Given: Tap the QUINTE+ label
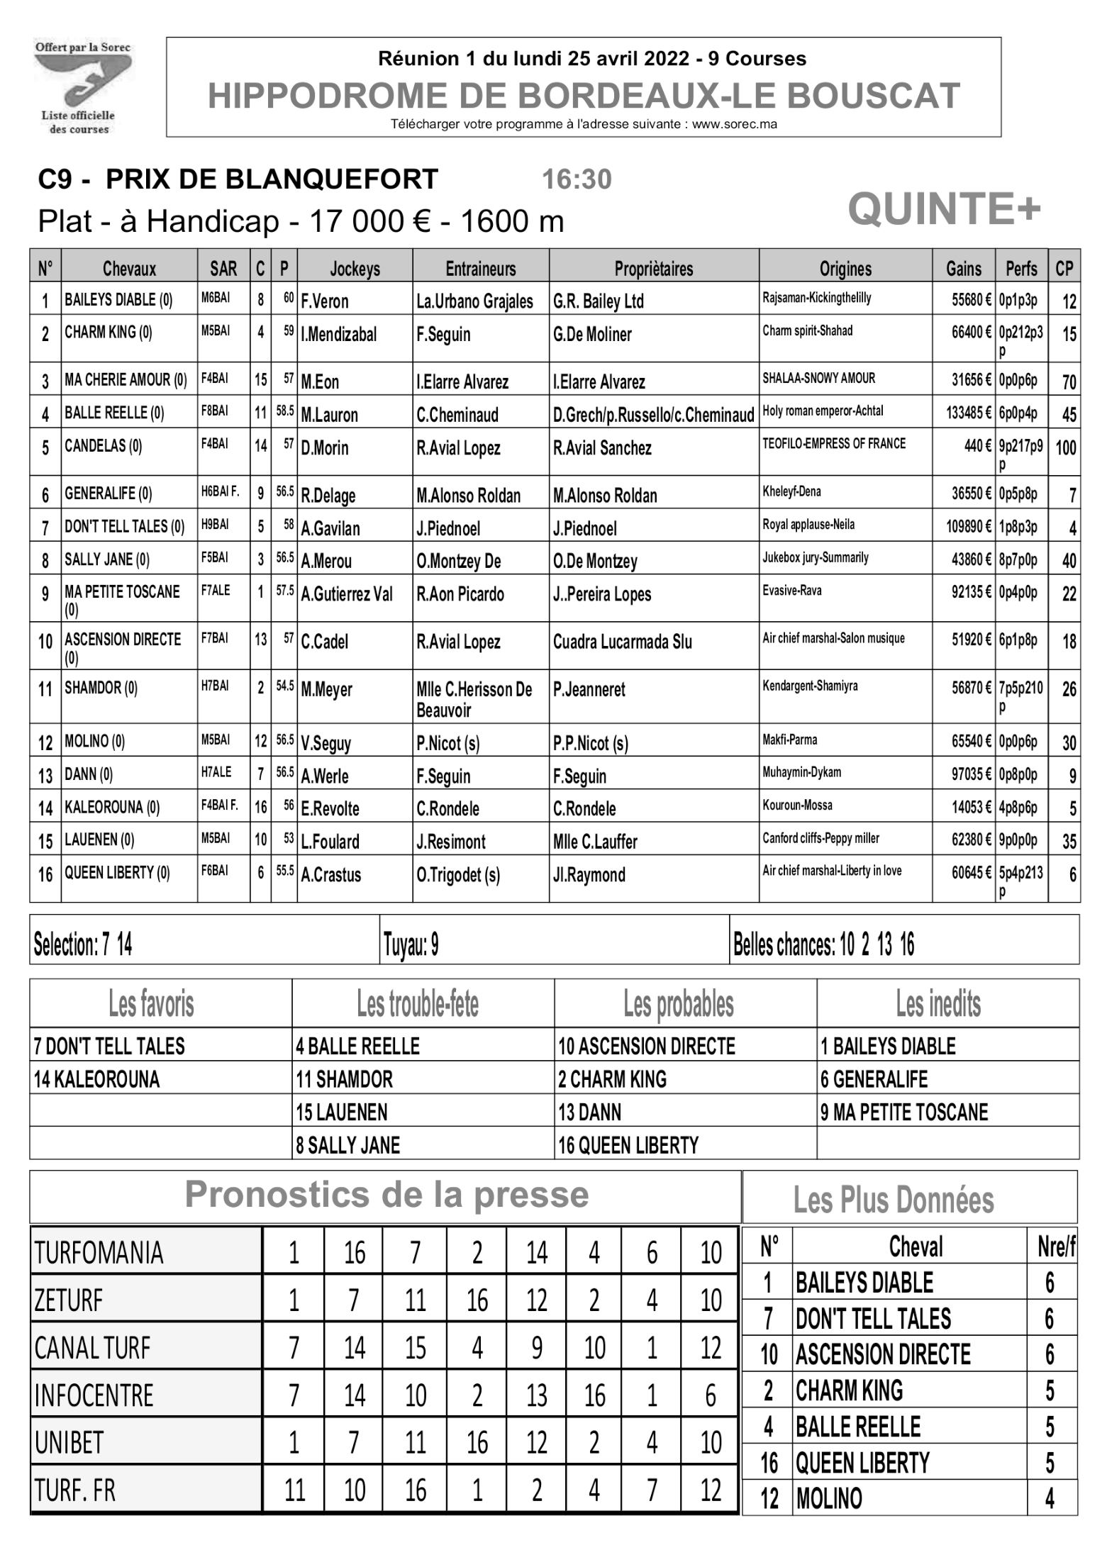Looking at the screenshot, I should [944, 209].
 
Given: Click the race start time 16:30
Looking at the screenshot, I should [576, 180].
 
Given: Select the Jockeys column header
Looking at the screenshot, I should [355, 269].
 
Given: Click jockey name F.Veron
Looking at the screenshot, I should [324, 301].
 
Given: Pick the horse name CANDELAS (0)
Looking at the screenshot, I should [103, 447].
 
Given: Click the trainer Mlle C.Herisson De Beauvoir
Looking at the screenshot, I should [474, 699].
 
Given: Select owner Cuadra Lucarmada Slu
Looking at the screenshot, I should [622, 642].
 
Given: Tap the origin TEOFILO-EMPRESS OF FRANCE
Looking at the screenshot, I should [833, 444].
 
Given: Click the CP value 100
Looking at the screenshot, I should [1065, 448].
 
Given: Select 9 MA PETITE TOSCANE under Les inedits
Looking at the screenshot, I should [903, 1112].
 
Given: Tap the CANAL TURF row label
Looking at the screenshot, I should [92, 1348].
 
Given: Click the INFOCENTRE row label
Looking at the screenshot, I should [94, 1395].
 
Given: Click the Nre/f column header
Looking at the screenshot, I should [1055, 1247].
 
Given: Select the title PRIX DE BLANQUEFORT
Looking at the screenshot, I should [272, 180].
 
